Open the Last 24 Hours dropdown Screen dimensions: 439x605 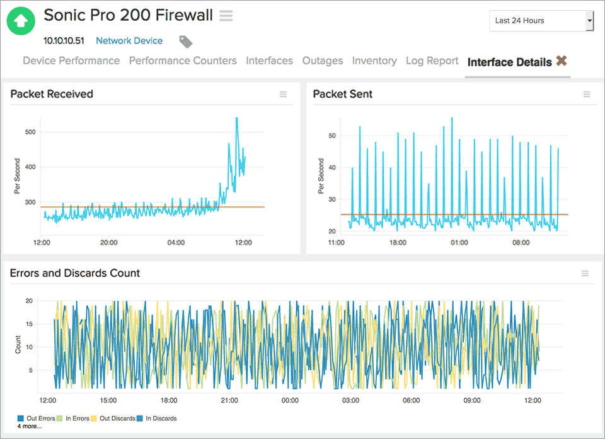pos(541,21)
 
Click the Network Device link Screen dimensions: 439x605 pos(129,41)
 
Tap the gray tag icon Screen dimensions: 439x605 pos(185,42)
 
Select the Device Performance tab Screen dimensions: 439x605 pos(71,61)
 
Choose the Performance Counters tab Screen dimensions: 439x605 pos(183,61)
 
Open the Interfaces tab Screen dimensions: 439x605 pos(269,61)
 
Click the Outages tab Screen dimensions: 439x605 pos(323,61)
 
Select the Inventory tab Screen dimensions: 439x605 pos(374,61)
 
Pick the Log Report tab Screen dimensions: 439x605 pos(432,61)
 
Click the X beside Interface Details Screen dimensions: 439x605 pos(562,61)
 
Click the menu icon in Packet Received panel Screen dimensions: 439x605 pos(284,95)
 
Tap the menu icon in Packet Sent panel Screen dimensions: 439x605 pos(587,95)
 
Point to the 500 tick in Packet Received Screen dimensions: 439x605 pos(29,132)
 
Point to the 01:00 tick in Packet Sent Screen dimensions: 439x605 pos(459,242)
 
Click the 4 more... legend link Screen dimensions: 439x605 pos(29,426)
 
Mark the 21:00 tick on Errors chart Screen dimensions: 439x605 pos(229,401)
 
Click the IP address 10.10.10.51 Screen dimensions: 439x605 pos(64,41)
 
